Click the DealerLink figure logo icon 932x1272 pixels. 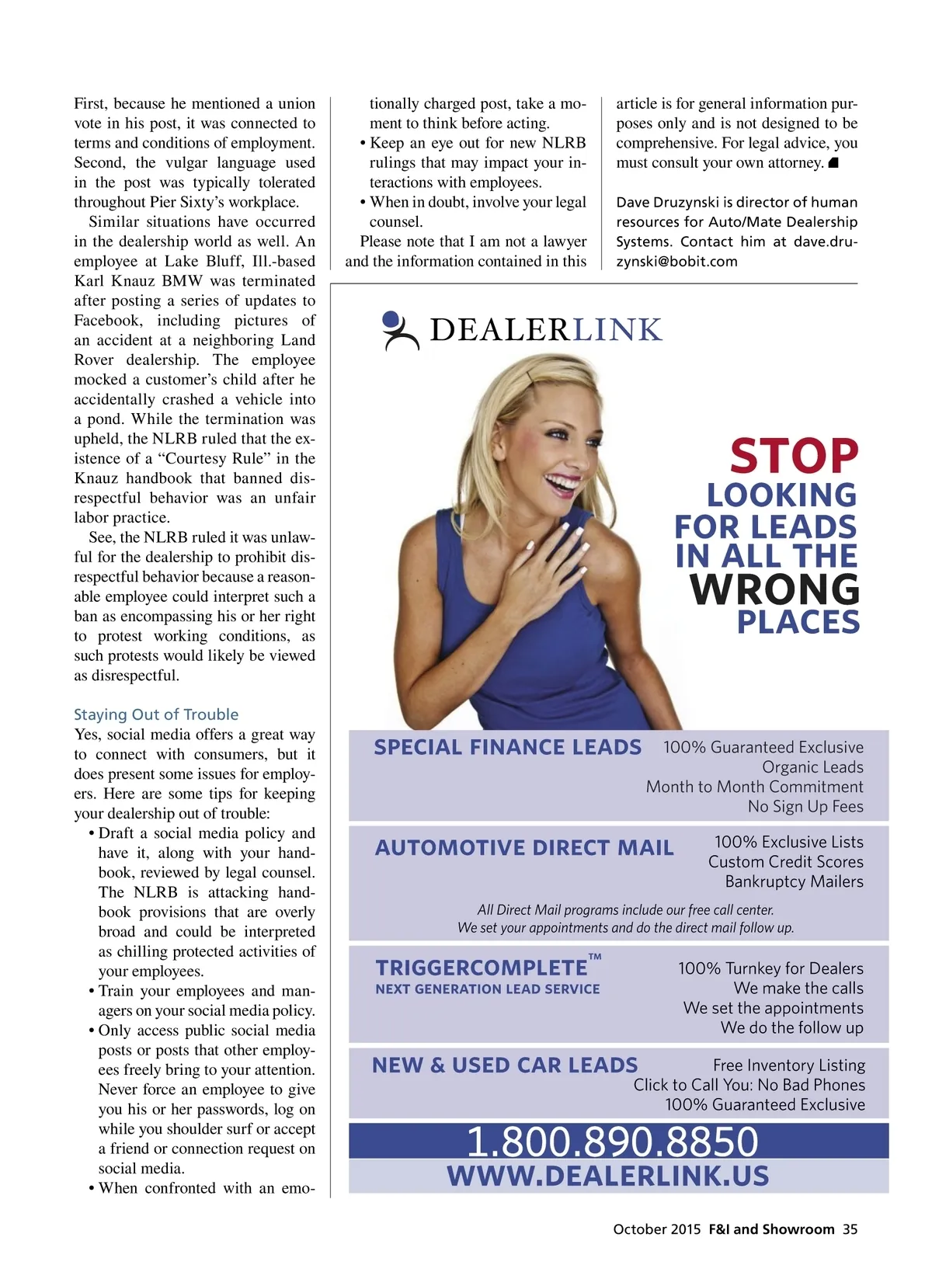pos(400,330)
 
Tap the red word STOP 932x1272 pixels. pos(794,456)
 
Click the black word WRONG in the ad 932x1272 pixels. pos(774,589)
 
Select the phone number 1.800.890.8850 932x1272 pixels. pos(612,1142)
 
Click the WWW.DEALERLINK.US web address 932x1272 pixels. pos(607,1176)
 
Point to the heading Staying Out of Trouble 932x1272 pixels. pos(156,714)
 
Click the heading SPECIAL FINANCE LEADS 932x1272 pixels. pos(507,747)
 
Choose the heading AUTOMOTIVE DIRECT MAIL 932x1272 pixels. pos(524,847)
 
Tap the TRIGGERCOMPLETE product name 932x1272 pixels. pos(482,968)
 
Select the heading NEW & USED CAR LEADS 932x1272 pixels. pos(505,1065)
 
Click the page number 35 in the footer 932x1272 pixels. pos(850,1229)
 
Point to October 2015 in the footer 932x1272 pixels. pos(656,1229)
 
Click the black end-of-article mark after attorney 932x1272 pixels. pos(833,163)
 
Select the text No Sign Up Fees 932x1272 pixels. pos(805,807)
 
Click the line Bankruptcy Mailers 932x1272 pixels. pos(794,881)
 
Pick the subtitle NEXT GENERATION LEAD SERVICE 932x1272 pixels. pos(488,989)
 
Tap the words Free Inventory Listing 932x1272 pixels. pos(788,1065)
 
